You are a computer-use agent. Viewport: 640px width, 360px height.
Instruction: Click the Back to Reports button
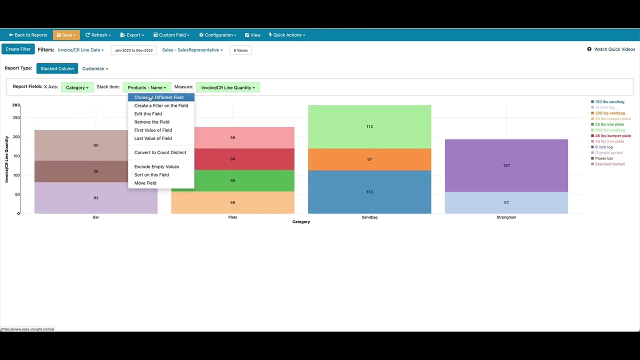(x=28, y=35)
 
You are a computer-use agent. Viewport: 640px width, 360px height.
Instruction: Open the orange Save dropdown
(x=66, y=35)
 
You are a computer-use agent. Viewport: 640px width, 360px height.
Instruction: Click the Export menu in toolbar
(x=132, y=35)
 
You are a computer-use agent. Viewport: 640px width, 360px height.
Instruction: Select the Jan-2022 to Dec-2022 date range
(x=133, y=50)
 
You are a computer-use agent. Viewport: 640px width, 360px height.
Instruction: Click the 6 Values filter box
(x=240, y=50)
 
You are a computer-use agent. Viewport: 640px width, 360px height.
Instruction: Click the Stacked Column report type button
(x=57, y=68)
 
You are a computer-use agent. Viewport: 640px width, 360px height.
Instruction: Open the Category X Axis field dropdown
(x=77, y=87)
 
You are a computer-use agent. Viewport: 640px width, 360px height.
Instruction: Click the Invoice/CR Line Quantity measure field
(x=228, y=87)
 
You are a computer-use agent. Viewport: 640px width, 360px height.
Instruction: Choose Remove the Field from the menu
(x=151, y=122)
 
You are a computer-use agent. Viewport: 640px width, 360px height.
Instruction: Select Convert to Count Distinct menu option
(x=160, y=152)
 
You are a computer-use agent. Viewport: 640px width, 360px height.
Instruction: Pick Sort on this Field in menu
(x=151, y=175)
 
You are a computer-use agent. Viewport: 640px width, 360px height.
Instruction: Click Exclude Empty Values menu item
(x=156, y=166)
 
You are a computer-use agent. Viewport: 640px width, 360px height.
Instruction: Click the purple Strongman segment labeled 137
(x=506, y=165)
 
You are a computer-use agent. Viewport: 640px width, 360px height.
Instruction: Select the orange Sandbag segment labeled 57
(x=369, y=159)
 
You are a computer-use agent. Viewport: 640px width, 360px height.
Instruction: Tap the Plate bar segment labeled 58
(x=232, y=202)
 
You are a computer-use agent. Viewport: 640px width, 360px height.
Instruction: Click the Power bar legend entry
(x=603, y=158)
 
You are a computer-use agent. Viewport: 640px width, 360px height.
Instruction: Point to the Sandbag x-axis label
(x=369, y=217)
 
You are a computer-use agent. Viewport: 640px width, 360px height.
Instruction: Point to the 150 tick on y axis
(x=16, y=156)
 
